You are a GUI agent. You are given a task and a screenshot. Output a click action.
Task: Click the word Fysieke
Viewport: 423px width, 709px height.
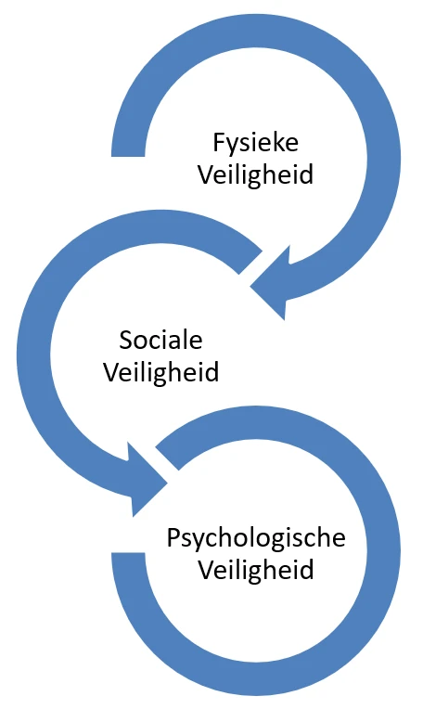click(255, 143)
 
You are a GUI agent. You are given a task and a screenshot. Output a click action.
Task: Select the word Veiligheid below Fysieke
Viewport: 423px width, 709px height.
click(255, 175)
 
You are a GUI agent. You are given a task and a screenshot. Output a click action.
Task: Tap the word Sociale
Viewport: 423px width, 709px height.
click(160, 340)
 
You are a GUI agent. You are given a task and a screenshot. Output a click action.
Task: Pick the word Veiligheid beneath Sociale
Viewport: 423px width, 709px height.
click(161, 372)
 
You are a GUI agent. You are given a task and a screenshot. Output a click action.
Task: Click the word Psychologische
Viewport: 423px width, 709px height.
click(256, 538)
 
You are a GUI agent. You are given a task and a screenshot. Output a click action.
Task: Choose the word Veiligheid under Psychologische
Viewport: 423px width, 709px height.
click(256, 570)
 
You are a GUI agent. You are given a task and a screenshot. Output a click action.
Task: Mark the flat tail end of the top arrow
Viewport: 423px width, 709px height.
click(128, 151)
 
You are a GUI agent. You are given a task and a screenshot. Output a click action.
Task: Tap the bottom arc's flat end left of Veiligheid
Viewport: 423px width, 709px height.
click(128, 558)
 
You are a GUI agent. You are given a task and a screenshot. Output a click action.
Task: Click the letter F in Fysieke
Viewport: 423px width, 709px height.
click(219, 142)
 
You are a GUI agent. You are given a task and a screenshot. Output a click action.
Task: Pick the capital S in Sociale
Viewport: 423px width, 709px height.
click(125, 340)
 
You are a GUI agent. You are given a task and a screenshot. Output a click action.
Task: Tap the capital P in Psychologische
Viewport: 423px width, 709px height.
click(173, 537)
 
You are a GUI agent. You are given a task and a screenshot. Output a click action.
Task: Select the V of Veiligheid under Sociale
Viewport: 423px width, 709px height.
click(111, 372)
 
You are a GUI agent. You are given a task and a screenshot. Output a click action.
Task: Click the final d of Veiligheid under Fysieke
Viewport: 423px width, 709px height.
click(306, 174)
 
